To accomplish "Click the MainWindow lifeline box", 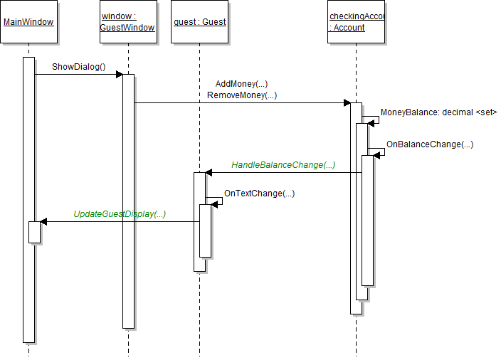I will click(28, 22).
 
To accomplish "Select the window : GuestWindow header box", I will click(128, 22).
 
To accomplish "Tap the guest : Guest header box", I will click(199, 22).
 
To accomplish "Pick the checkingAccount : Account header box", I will click(357, 22).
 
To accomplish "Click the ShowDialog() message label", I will click(78, 68).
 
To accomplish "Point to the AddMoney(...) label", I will click(241, 84).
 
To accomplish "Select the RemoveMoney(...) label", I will click(242, 95).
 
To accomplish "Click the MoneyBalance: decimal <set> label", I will click(438, 112).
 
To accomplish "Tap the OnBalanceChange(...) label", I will click(430, 144).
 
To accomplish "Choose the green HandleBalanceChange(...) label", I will click(283, 165).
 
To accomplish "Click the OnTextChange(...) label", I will click(259, 194).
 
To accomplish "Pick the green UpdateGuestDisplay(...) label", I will click(120, 214).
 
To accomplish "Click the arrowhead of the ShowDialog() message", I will click(119, 74).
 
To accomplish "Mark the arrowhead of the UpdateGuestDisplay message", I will click(44, 221).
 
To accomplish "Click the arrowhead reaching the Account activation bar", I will click(347, 102).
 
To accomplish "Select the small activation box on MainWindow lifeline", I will click(34, 232).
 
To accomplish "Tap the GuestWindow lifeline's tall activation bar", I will click(128, 213).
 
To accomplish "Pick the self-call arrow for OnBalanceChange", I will click(380, 152).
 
